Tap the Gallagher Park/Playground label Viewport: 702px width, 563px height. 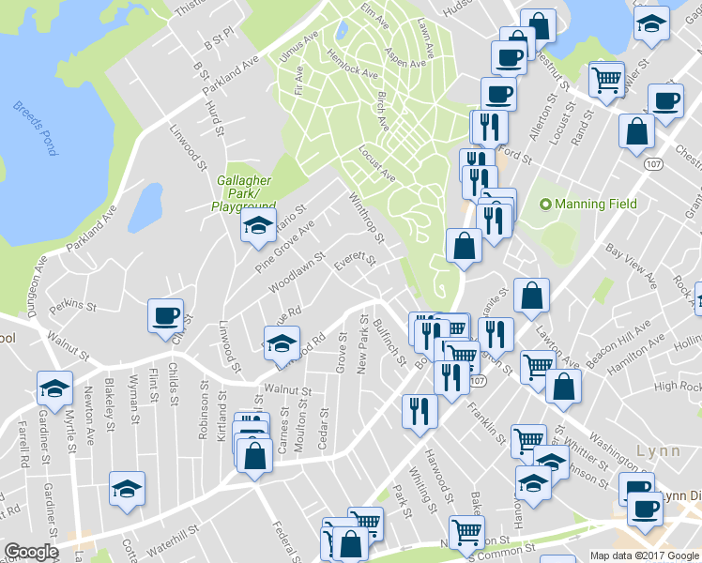(245, 192)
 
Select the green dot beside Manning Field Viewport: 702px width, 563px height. (544, 204)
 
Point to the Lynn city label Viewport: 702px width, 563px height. (658, 449)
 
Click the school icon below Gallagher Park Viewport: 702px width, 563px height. (257, 225)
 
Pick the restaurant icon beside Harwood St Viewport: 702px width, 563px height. (420, 411)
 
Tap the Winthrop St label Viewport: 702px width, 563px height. (366, 217)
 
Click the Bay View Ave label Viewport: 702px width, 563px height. (630, 265)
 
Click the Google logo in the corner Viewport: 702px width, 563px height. (31, 551)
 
